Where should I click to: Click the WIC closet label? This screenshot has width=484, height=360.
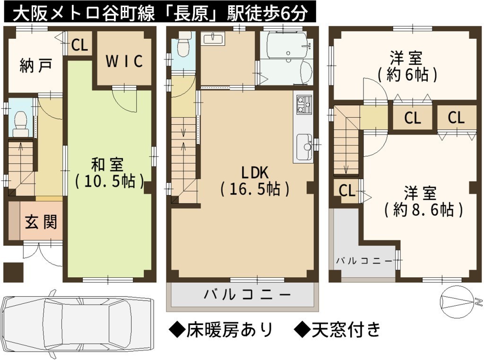[124, 61]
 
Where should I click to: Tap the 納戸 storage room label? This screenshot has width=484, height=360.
[35, 65]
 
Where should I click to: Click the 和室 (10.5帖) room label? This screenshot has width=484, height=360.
[109, 173]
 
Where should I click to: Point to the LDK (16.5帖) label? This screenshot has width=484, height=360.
[255, 181]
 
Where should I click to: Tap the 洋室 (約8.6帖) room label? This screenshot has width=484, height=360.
[423, 201]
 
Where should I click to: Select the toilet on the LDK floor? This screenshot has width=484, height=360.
[183, 46]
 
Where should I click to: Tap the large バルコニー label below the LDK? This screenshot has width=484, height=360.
[247, 295]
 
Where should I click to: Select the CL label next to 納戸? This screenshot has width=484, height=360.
[79, 45]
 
